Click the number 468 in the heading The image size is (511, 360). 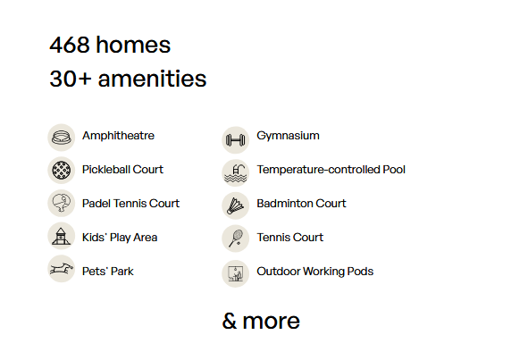pos(70,45)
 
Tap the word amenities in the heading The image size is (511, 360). pos(152,79)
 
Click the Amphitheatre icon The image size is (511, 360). pos(62,138)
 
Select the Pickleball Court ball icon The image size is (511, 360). pos(62,170)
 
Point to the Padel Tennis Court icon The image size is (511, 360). pos(62,204)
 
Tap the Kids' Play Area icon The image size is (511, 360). pos(62,236)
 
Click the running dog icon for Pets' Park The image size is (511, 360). pos(62,269)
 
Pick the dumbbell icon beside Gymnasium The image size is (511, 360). pos(236,140)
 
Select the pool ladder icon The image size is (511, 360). pos(236,173)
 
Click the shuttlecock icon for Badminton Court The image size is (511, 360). pos(236,205)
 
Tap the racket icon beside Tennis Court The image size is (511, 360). pos(236,239)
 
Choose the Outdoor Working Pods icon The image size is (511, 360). pos(236,273)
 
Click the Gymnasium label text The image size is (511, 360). pos(288,136)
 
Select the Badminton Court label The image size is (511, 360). pos(301,204)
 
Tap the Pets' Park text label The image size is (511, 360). pos(107,271)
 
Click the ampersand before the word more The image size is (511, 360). pos(230,321)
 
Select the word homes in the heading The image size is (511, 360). pos(133,45)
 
